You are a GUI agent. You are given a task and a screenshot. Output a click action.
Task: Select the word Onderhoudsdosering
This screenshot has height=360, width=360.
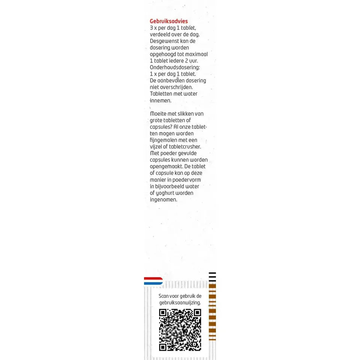tap(175, 67)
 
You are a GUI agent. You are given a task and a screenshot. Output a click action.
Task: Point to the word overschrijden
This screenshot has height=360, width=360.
tap(176, 87)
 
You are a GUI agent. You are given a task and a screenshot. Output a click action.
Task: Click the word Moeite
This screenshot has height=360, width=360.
tap(158, 114)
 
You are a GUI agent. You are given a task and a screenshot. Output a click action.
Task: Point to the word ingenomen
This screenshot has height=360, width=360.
tap(164, 200)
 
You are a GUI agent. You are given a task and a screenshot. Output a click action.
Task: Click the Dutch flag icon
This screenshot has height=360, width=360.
tap(153, 281)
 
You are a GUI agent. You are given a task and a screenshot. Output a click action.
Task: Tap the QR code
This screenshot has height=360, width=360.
tap(180, 330)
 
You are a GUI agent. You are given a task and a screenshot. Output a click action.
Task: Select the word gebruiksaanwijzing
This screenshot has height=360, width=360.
tap(180, 303)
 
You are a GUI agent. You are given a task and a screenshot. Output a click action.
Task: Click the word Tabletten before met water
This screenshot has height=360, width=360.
tap(161, 94)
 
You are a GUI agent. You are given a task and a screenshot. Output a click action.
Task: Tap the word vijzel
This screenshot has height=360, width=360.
tap(156, 147)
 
